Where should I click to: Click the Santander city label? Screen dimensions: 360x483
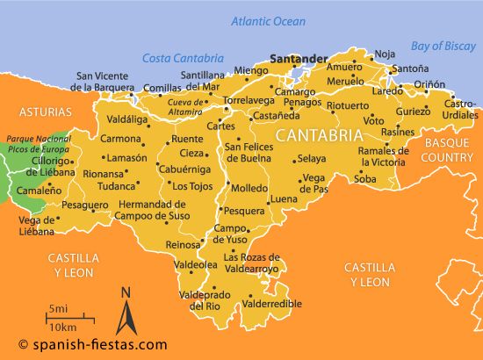[299, 60]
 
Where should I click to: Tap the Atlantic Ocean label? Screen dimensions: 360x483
[269, 20]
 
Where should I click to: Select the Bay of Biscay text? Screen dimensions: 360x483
[444, 46]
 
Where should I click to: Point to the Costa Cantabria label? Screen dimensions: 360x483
[178, 58]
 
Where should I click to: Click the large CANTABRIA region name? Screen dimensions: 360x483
[318, 136]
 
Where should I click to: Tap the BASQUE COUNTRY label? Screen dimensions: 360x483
[448, 149]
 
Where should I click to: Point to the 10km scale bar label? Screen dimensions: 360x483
[62, 327]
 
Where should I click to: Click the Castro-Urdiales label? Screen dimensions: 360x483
[460, 109]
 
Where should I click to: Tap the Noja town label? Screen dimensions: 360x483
[385, 54]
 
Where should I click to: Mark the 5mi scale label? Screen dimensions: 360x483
[59, 309]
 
